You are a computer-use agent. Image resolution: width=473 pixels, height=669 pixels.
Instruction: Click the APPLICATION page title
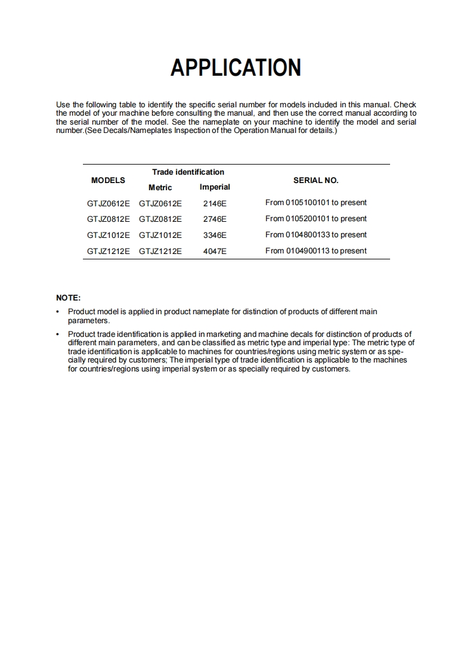[236, 68]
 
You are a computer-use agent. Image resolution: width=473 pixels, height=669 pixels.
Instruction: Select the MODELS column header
[108, 180]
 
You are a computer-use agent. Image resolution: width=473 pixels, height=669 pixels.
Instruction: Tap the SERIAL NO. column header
[316, 180]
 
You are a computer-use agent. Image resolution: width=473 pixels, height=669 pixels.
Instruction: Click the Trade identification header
[188, 172]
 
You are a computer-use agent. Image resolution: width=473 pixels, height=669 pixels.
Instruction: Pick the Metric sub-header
[160, 187]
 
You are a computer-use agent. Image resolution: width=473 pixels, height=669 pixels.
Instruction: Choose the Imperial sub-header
[215, 187]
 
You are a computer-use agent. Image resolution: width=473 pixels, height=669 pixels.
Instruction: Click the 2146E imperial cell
[215, 203]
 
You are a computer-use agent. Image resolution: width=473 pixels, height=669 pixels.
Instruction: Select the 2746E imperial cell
[215, 219]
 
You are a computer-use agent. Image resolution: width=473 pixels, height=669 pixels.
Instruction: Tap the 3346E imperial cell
[215, 235]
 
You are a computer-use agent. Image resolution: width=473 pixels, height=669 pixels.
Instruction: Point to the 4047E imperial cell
[215, 251]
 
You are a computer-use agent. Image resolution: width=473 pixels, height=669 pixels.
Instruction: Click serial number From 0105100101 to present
[316, 203]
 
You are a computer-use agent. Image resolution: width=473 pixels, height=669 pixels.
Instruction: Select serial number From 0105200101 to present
[316, 219]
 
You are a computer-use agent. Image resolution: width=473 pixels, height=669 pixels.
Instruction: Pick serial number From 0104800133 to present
[316, 235]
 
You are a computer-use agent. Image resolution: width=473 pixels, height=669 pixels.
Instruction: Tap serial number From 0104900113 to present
[316, 251]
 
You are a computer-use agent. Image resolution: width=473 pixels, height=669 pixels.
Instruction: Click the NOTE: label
[68, 298]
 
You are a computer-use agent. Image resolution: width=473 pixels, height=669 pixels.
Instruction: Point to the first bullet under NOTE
[58, 312]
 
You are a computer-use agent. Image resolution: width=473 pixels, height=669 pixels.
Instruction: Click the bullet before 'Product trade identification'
[58, 335]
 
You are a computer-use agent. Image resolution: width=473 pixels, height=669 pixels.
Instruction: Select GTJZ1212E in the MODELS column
[108, 251]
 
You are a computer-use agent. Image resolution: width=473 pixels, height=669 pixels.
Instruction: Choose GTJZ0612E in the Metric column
[160, 203]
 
